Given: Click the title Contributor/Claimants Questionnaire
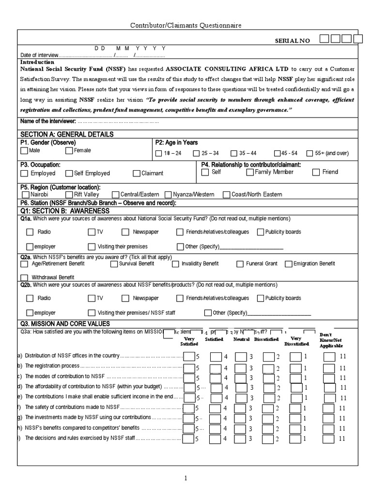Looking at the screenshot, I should [186, 25].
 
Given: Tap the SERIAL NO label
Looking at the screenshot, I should [293, 41].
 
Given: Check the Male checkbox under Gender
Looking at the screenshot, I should [24, 151].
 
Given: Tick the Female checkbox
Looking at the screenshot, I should [68, 151].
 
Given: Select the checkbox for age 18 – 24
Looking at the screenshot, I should [158, 154].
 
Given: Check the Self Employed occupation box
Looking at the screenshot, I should [69, 173].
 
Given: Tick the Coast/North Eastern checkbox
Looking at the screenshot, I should [226, 195].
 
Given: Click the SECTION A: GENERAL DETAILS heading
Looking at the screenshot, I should [67, 134].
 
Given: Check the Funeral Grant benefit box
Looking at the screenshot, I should [240, 264].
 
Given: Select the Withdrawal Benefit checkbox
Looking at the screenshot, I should [24, 277].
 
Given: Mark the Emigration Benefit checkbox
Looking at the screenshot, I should [288, 264].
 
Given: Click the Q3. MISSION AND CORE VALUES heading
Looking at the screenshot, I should [65, 323].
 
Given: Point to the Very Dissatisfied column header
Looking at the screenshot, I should [299, 341].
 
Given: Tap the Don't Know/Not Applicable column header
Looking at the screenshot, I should [331, 340].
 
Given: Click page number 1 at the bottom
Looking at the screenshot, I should [185, 478].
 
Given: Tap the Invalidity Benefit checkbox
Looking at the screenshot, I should [175, 264].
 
